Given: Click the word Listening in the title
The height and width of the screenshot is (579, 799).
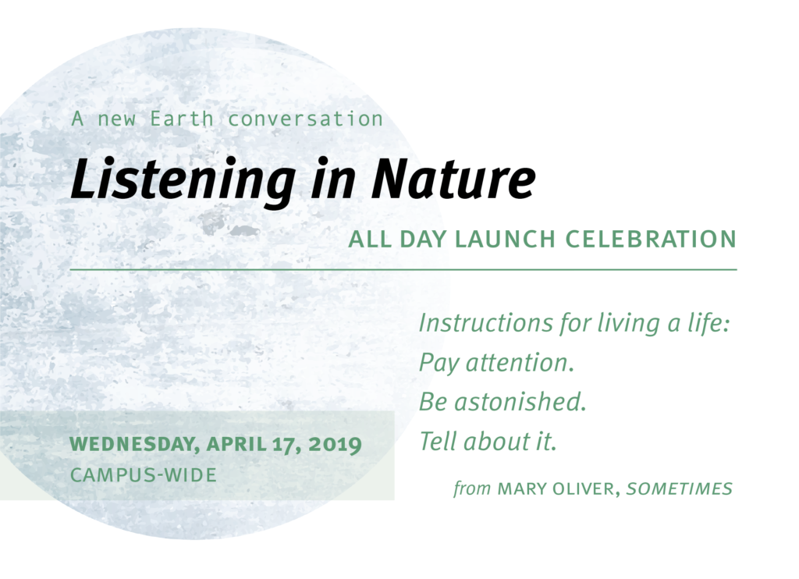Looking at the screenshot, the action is pos(183,180).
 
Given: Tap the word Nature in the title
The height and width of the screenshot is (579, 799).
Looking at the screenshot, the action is pos(453,179).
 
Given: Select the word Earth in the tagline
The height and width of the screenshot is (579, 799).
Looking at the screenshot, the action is pos(181,119).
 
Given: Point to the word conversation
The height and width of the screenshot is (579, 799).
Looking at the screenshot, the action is pos(305,119).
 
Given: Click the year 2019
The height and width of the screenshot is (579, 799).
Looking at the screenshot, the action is pos(335,445).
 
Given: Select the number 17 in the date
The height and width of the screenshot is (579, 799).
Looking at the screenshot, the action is pos(284,445).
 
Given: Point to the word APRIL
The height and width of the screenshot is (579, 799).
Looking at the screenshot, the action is pos(236,445).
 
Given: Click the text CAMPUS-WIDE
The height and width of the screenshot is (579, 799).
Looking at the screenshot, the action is pos(144,475).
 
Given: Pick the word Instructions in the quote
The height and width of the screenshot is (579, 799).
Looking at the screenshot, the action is pos(485,323).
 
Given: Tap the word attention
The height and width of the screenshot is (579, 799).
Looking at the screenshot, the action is pos(520,363).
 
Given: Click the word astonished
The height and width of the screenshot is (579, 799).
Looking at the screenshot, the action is pos(520,402).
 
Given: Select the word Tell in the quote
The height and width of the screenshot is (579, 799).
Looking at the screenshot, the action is pos(437,442).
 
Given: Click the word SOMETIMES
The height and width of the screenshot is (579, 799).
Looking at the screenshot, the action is pos(680,488).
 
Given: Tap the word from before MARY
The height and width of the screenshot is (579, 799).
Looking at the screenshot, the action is pos(472,488).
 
